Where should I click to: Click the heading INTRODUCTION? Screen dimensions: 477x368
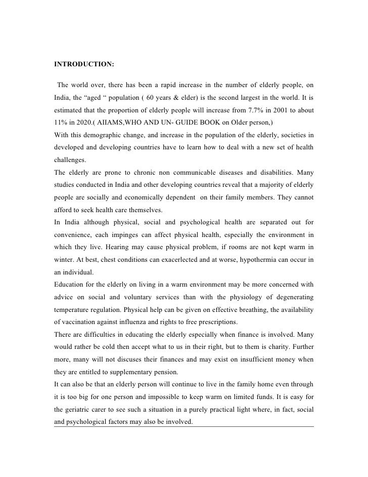pos(84,65)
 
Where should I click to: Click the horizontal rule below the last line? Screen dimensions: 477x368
pos(183,426)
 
